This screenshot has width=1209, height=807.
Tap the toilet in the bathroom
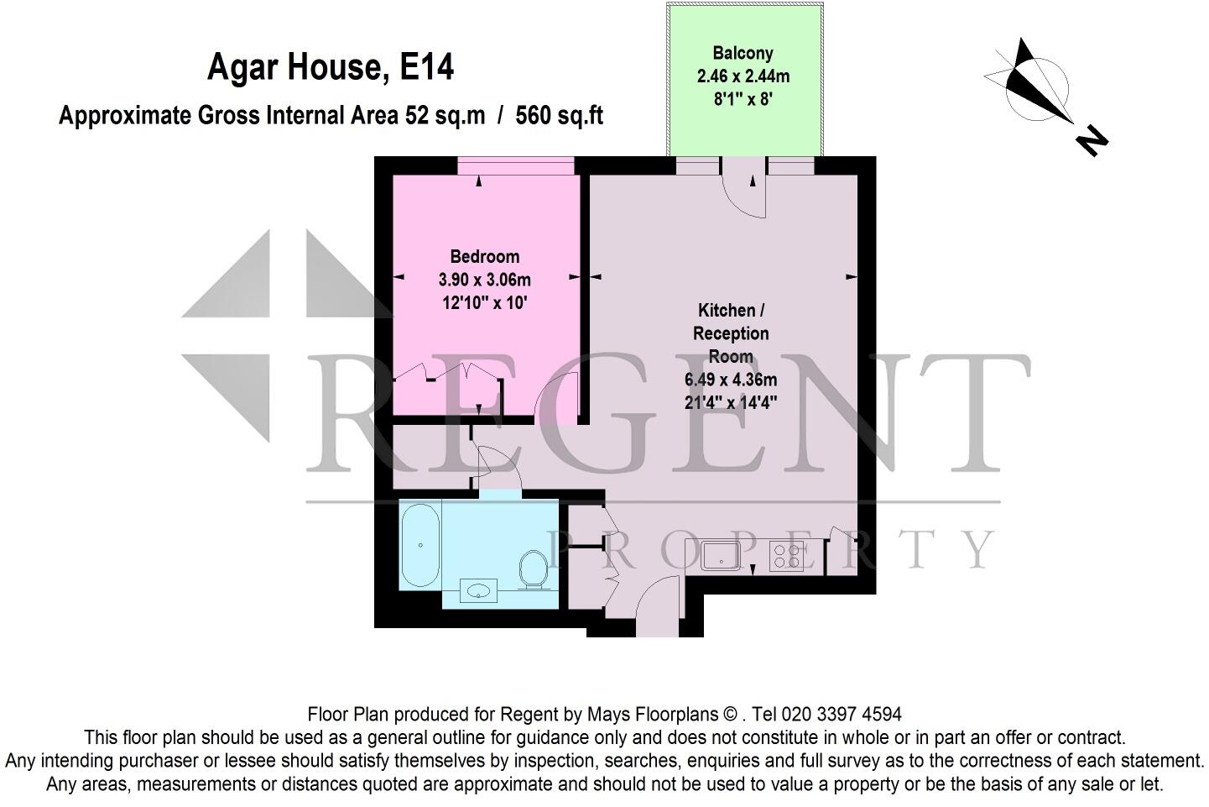tap(531, 569)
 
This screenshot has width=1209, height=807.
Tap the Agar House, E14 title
tap(331, 68)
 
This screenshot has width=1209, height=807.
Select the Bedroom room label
tap(485, 257)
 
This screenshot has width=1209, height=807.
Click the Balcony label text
tap(743, 53)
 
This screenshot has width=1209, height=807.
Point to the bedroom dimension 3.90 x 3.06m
tap(485, 280)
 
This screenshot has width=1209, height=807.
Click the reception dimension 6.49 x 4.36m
tap(731, 379)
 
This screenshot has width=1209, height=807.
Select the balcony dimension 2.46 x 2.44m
tap(743, 76)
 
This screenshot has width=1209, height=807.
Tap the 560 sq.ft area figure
tap(560, 114)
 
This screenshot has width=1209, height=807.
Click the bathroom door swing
tap(500, 466)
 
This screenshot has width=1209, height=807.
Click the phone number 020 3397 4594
tap(842, 715)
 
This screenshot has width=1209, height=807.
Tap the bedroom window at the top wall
tap(516, 166)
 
